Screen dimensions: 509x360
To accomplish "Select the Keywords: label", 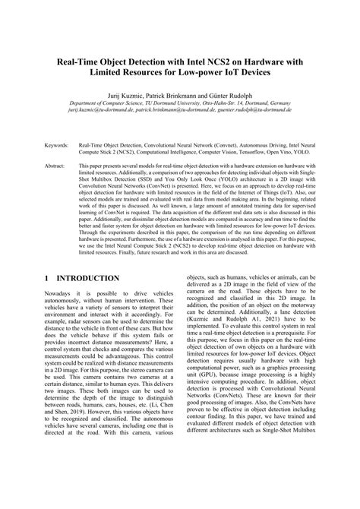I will [x=57, y=142].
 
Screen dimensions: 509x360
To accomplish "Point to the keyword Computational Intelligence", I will [x=165, y=150].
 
